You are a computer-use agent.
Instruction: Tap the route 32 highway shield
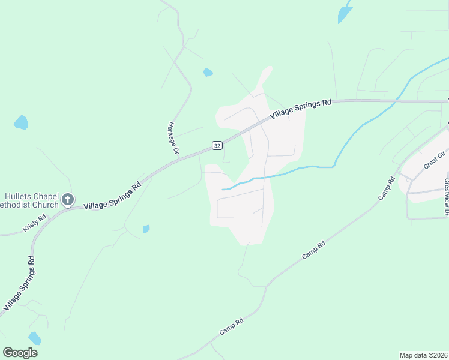(217, 146)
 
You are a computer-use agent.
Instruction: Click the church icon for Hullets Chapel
(68, 200)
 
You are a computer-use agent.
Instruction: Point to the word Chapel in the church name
(50, 196)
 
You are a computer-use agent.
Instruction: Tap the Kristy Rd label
(35, 224)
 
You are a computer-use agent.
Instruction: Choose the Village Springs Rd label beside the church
(112, 196)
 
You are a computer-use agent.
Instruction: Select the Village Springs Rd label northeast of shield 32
(300, 110)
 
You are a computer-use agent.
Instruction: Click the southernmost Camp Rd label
(231, 326)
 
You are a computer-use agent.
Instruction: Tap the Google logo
(20, 352)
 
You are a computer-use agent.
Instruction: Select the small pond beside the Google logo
(34, 338)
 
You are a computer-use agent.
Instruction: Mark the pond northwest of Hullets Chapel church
(21, 123)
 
